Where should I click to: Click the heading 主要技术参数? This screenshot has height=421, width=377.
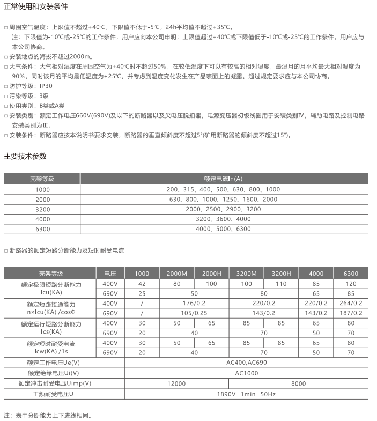pyautogui.click(x=25, y=156)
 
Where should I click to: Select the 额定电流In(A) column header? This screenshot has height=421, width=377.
pyautogui.click(x=223, y=179)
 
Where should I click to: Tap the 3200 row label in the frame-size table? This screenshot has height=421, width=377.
pyautogui.click(x=42, y=209)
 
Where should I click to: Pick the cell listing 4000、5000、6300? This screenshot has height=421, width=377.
pyautogui.click(x=223, y=229)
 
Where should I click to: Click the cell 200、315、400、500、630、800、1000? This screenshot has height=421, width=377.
pyautogui.click(x=223, y=189)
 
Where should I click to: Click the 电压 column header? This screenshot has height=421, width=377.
pyautogui.click(x=110, y=274)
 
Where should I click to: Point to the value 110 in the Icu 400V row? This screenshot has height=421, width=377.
pyautogui.click(x=281, y=284)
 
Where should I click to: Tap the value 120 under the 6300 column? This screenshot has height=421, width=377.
pyautogui.click(x=351, y=284)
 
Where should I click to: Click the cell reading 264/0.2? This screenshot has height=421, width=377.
pyautogui.click(x=351, y=304)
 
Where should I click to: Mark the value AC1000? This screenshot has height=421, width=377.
pyautogui.click(x=246, y=373)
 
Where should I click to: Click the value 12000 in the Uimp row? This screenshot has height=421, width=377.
pyautogui.click(x=176, y=383)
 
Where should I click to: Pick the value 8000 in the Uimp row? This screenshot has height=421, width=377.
pyautogui.click(x=298, y=383)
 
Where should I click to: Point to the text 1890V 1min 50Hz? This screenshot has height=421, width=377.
pyautogui.click(x=246, y=394)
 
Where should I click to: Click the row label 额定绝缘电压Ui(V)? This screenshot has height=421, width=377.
pyautogui.click(x=54, y=373)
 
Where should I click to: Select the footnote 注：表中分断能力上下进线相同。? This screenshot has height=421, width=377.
pyautogui.click(x=48, y=415)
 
